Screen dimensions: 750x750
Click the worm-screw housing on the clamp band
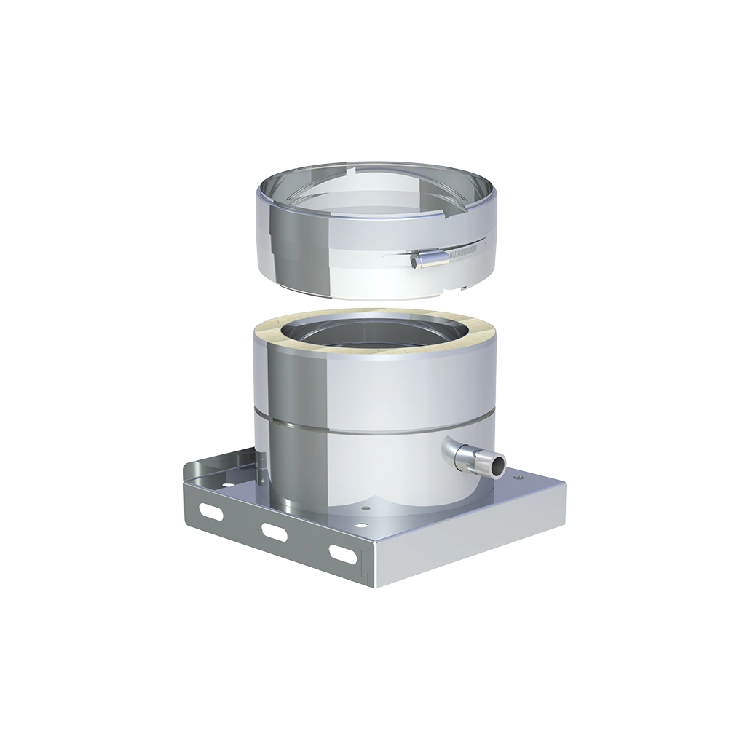click(430, 258)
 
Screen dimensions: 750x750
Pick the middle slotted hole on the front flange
click(275, 532)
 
